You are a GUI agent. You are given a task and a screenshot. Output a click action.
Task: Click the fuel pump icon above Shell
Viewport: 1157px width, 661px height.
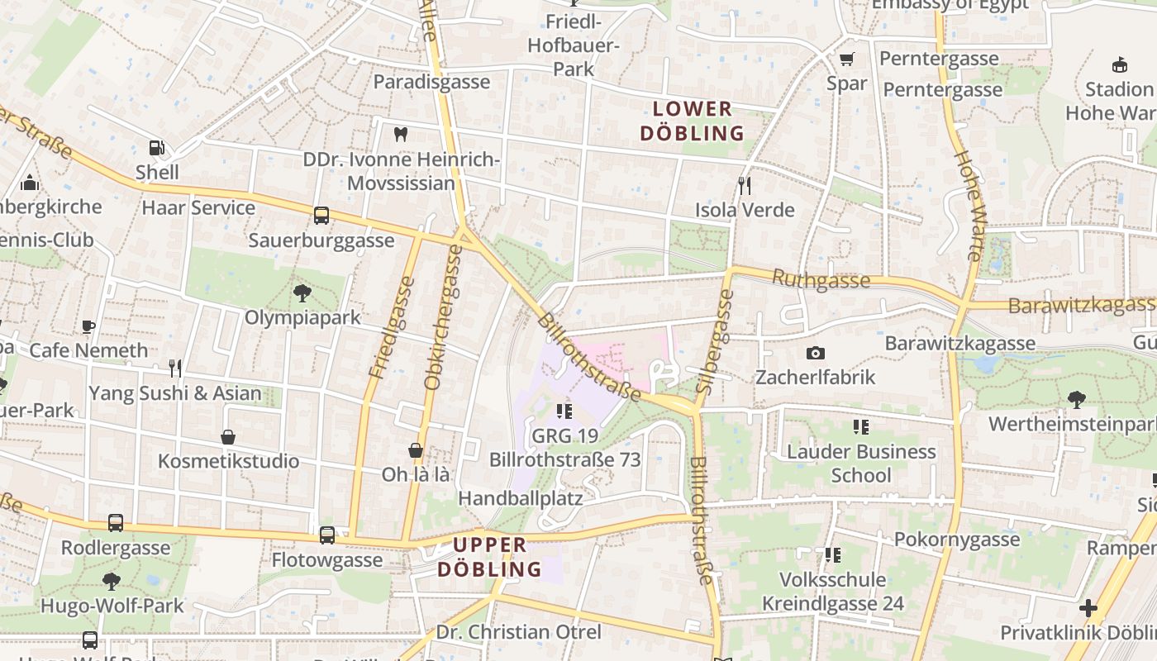[156, 148]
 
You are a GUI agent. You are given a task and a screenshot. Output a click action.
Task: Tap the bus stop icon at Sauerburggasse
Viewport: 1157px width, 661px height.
[321, 216]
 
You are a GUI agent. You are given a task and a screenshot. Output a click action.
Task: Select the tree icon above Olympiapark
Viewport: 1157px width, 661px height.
[302, 292]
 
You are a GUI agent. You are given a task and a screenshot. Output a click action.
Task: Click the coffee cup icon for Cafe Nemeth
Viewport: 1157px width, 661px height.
[88, 326]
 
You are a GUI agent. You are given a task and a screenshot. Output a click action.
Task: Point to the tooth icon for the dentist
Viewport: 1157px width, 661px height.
[401, 135]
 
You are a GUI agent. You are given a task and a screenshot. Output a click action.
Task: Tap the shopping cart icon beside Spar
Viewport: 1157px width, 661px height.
[846, 59]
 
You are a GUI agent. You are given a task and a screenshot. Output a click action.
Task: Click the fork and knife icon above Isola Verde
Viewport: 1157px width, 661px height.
[745, 186]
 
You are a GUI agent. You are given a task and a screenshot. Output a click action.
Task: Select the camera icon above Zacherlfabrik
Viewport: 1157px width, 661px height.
[815, 354]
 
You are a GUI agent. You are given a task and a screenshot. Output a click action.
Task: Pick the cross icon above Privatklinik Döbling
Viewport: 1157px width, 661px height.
[1088, 609]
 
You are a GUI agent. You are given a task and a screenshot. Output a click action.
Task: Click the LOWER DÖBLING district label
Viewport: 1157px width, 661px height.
[693, 121]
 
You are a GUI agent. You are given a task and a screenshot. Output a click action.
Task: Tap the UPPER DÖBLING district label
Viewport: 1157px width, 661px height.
[490, 557]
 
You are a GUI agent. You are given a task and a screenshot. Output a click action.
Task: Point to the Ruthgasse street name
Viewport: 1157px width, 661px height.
[821, 280]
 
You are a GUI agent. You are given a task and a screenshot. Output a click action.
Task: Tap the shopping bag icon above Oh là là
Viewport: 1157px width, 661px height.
[416, 450]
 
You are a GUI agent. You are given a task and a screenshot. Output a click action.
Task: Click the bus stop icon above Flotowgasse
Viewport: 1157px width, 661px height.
[327, 535]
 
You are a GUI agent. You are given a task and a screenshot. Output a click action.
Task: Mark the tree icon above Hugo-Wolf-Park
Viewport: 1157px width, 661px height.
[112, 582]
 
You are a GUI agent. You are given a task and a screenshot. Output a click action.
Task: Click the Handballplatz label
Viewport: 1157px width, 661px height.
[521, 498]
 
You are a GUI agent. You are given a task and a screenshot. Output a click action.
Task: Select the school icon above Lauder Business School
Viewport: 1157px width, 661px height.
[861, 427]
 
